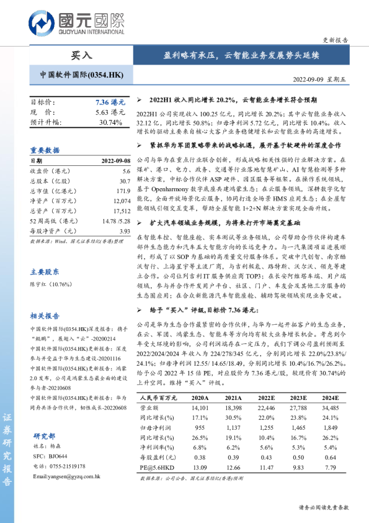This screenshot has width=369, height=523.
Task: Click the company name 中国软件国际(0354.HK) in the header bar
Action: pos(77,75)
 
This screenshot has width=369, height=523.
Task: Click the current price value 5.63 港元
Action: pos(110,112)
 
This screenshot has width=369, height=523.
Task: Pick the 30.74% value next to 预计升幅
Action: pos(111,122)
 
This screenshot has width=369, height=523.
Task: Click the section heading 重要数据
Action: pos(45,150)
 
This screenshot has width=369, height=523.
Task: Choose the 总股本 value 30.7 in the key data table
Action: pos(125,180)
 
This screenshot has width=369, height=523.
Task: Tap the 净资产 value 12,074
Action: pos(121,201)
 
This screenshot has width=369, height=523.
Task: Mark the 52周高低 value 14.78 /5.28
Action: pos(115,221)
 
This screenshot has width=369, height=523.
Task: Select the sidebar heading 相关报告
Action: pos(45,316)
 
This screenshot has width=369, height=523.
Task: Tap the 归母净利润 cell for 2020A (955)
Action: pos(200,429)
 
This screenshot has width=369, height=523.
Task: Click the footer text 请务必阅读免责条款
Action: pos(324,507)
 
